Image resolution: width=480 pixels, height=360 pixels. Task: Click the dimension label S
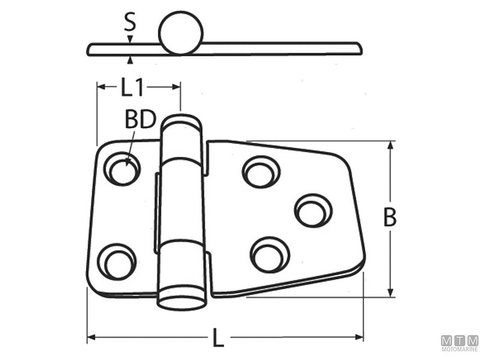pyautogui.click(x=130, y=23)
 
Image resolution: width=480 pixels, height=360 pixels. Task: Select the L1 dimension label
pyautogui.click(x=132, y=87)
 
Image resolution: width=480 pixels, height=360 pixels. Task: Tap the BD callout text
pyautogui.click(x=140, y=119)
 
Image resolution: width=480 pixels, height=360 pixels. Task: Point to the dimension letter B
pyautogui.click(x=389, y=217)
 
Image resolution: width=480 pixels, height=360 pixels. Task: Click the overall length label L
pyautogui.click(x=218, y=338)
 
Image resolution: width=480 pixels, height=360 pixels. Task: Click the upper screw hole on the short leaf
pyautogui.click(x=122, y=169)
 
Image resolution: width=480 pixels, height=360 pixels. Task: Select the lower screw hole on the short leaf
pyautogui.click(x=116, y=262)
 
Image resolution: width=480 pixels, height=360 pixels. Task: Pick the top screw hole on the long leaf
pyautogui.click(x=261, y=172)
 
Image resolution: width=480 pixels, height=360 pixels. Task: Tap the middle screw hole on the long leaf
pyautogui.click(x=313, y=211)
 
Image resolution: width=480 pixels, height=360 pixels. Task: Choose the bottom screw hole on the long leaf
pyautogui.click(x=269, y=254)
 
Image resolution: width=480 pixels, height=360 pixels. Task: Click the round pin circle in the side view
pyautogui.click(x=181, y=33)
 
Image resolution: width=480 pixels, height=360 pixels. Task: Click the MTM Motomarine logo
pyautogui.click(x=460, y=343)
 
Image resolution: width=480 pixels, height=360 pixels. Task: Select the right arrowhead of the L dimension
pyautogui.click(x=359, y=337)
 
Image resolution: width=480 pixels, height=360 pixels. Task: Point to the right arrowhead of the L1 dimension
pyautogui.click(x=176, y=87)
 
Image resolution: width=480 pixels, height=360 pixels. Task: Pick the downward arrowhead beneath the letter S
pyautogui.click(x=130, y=39)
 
